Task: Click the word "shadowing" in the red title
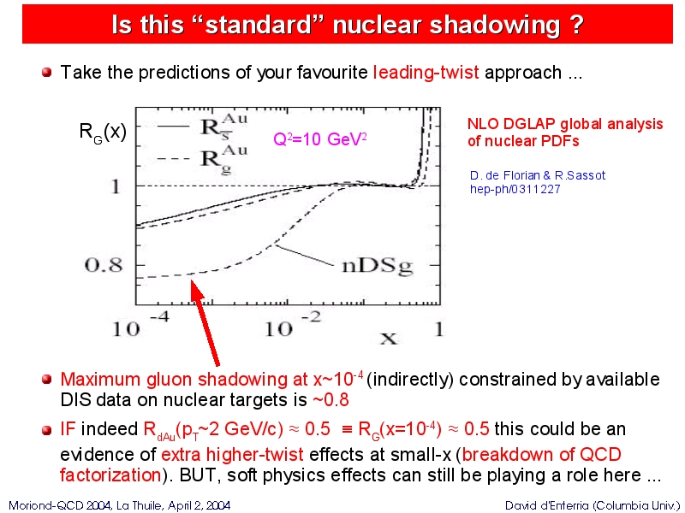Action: tap(495, 25)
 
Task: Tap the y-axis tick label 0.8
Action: tap(104, 265)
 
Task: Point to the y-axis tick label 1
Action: tap(116, 186)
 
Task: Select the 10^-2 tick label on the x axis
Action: tap(293, 324)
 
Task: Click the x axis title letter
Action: tap(389, 338)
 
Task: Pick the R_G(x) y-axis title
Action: tap(103, 132)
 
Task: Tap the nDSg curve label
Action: tap(378, 266)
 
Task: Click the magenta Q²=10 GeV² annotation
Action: tap(319, 139)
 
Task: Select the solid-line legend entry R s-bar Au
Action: tap(202, 126)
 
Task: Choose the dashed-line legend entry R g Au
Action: tap(202, 158)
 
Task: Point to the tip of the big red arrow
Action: tap(192, 281)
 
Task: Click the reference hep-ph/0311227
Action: tap(515, 189)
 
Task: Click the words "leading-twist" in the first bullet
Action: tap(426, 73)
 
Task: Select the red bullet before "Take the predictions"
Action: tap(47, 72)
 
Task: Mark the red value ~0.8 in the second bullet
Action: tap(331, 399)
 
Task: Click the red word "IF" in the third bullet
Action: tap(68, 429)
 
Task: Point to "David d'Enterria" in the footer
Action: tap(548, 506)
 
